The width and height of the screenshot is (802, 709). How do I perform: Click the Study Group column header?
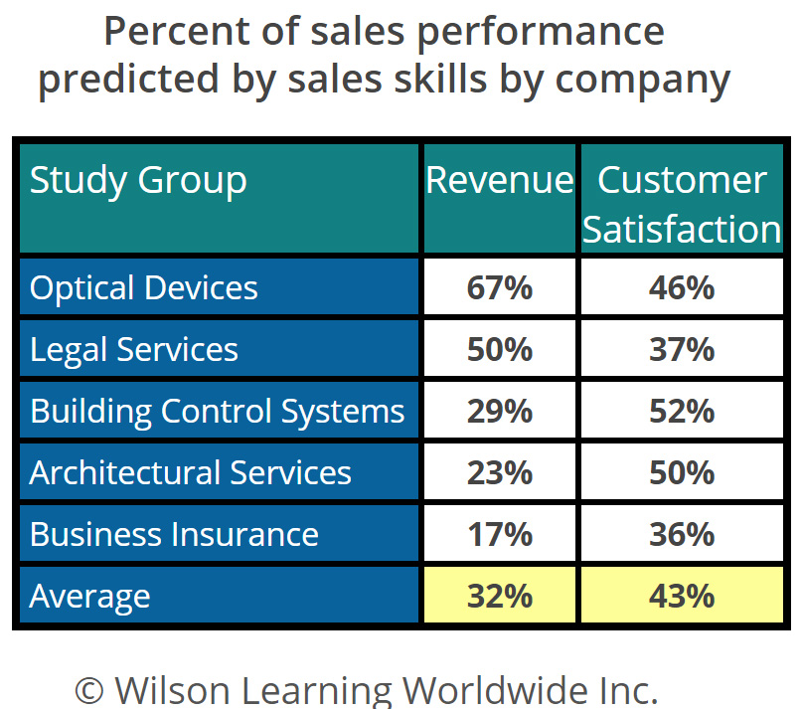tap(138, 181)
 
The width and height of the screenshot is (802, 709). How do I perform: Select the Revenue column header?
tap(500, 181)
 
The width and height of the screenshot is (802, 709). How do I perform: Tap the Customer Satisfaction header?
tap(681, 204)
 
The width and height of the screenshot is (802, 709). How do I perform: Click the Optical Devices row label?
tap(144, 288)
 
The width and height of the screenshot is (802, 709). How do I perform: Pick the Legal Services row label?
tap(134, 350)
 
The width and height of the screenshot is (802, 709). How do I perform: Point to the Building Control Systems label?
tap(218, 412)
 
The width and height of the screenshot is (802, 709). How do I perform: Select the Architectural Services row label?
tap(190, 472)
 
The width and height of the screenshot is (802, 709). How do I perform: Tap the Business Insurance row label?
tap(174, 534)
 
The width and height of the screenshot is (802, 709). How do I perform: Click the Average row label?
tap(89, 596)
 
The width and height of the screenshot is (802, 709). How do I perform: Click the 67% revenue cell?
tap(500, 288)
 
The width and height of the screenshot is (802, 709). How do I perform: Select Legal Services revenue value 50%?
tap(500, 350)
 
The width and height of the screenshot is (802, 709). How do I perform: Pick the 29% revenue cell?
tap(500, 412)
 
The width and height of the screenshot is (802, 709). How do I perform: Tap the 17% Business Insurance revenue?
tap(500, 534)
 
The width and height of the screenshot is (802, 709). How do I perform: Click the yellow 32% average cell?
tap(500, 596)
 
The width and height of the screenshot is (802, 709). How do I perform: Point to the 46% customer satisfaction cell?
tap(681, 288)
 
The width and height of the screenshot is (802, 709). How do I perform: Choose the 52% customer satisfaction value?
tap(681, 412)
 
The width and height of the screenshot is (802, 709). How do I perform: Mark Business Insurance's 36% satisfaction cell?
tap(681, 534)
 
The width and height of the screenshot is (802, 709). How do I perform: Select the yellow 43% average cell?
tap(681, 596)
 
